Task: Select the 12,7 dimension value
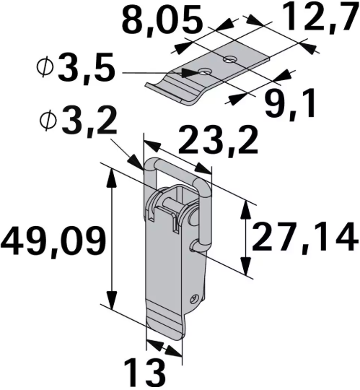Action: point(320,19)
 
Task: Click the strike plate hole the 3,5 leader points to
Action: point(206,71)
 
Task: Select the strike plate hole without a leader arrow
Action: point(229,58)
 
